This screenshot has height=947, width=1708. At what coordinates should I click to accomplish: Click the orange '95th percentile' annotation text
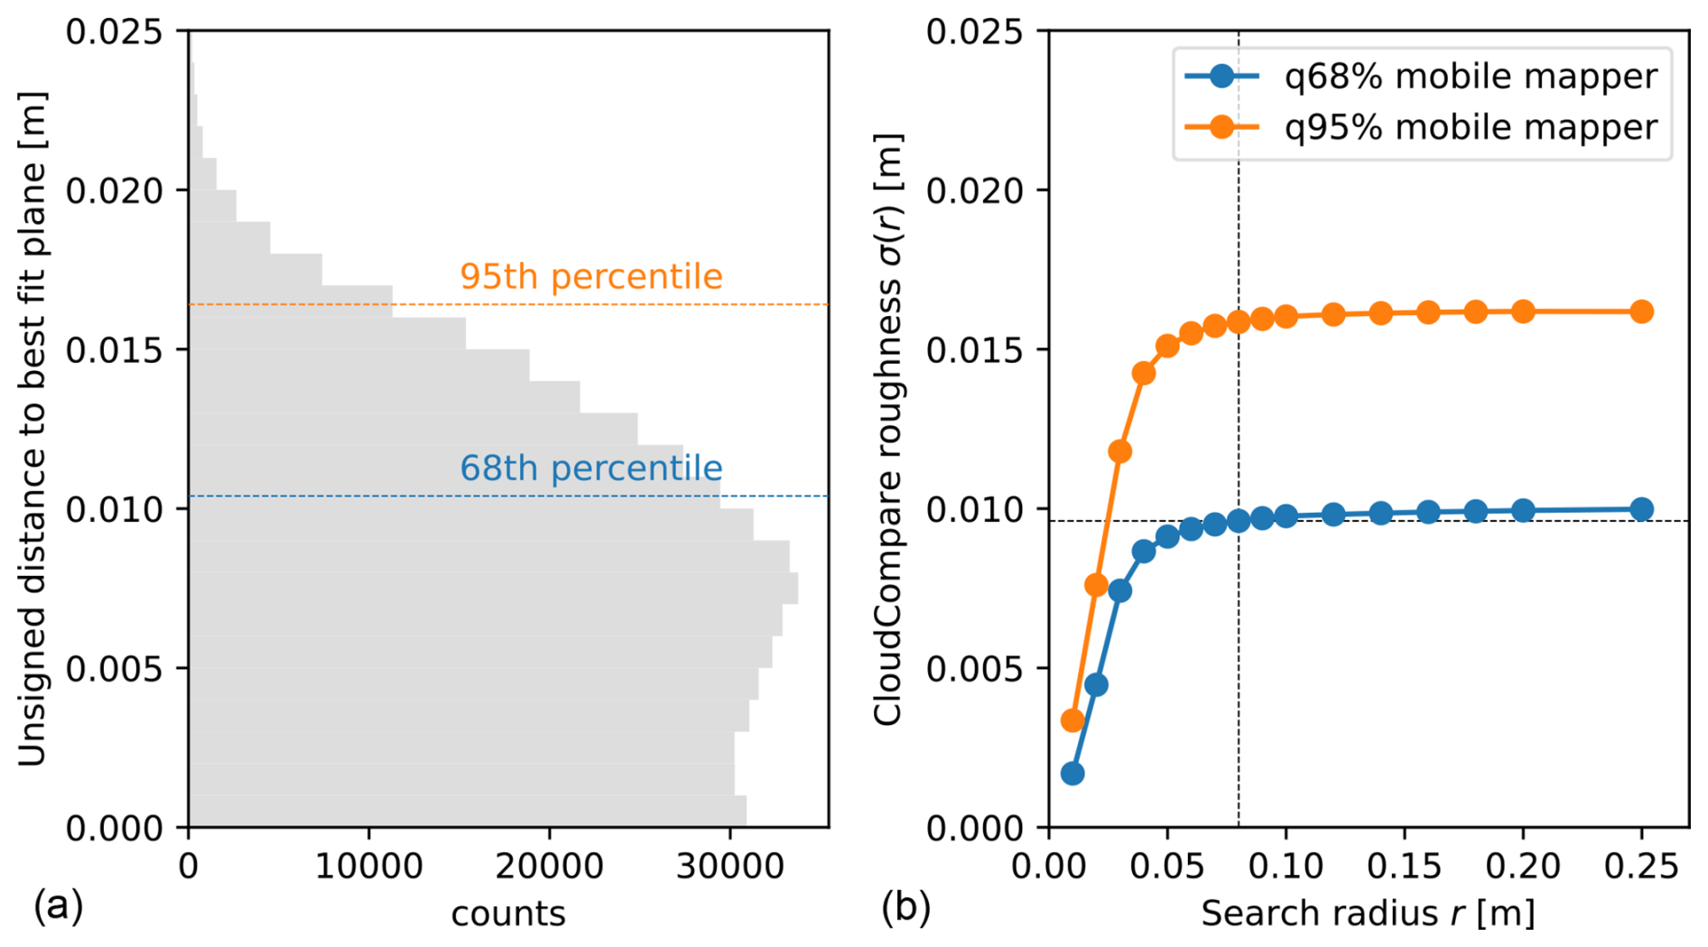pyautogui.click(x=590, y=276)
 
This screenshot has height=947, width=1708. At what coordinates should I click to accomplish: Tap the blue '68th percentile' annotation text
pyautogui.click(x=590, y=468)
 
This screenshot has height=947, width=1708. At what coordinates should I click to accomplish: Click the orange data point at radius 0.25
pyautogui.click(x=1641, y=311)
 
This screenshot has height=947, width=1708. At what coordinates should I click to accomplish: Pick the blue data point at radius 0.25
pyautogui.click(x=1641, y=509)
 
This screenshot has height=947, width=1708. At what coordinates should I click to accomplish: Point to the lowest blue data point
pyautogui.click(x=1072, y=774)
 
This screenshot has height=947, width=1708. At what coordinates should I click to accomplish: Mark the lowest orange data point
pyautogui.click(x=1072, y=720)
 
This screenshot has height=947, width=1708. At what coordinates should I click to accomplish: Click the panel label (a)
pyautogui.click(x=58, y=905)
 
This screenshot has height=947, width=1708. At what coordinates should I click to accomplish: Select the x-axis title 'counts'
pyautogui.click(x=508, y=914)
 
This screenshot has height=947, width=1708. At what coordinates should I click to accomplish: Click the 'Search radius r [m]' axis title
pyautogui.click(x=1368, y=914)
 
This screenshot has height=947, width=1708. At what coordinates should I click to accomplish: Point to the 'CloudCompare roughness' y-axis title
pyautogui.click(x=888, y=429)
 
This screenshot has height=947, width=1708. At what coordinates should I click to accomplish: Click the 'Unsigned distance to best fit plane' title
pyautogui.click(x=32, y=429)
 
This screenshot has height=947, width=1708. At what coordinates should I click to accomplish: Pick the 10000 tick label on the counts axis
pyautogui.click(x=368, y=867)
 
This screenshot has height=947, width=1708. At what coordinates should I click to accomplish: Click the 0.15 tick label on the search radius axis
pyautogui.click(x=1404, y=867)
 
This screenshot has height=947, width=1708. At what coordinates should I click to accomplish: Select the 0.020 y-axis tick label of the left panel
pyautogui.click(x=114, y=190)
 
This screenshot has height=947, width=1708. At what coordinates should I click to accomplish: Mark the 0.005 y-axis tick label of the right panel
pyautogui.click(x=974, y=669)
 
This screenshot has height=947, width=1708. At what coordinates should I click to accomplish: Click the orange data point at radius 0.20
pyautogui.click(x=1523, y=312)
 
